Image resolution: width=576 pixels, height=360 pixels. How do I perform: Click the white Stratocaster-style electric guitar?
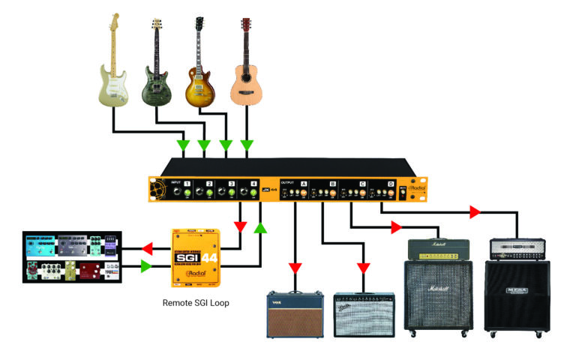click(114, 71)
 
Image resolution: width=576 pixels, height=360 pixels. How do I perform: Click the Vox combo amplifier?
click(295, 315)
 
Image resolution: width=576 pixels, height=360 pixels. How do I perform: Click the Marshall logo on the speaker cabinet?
click(428, 289)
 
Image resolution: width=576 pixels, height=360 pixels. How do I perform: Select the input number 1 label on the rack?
click(187, 182)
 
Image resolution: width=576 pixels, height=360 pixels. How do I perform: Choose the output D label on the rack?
click(391, 184)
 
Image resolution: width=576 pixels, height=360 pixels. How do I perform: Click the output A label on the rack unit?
click(304, 183)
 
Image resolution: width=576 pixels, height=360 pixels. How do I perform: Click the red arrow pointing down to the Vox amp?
click(295, 268)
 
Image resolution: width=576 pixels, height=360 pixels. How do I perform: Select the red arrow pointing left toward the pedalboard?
click(149, 247)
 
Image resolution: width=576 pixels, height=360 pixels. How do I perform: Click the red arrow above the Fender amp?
click(364, 268)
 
